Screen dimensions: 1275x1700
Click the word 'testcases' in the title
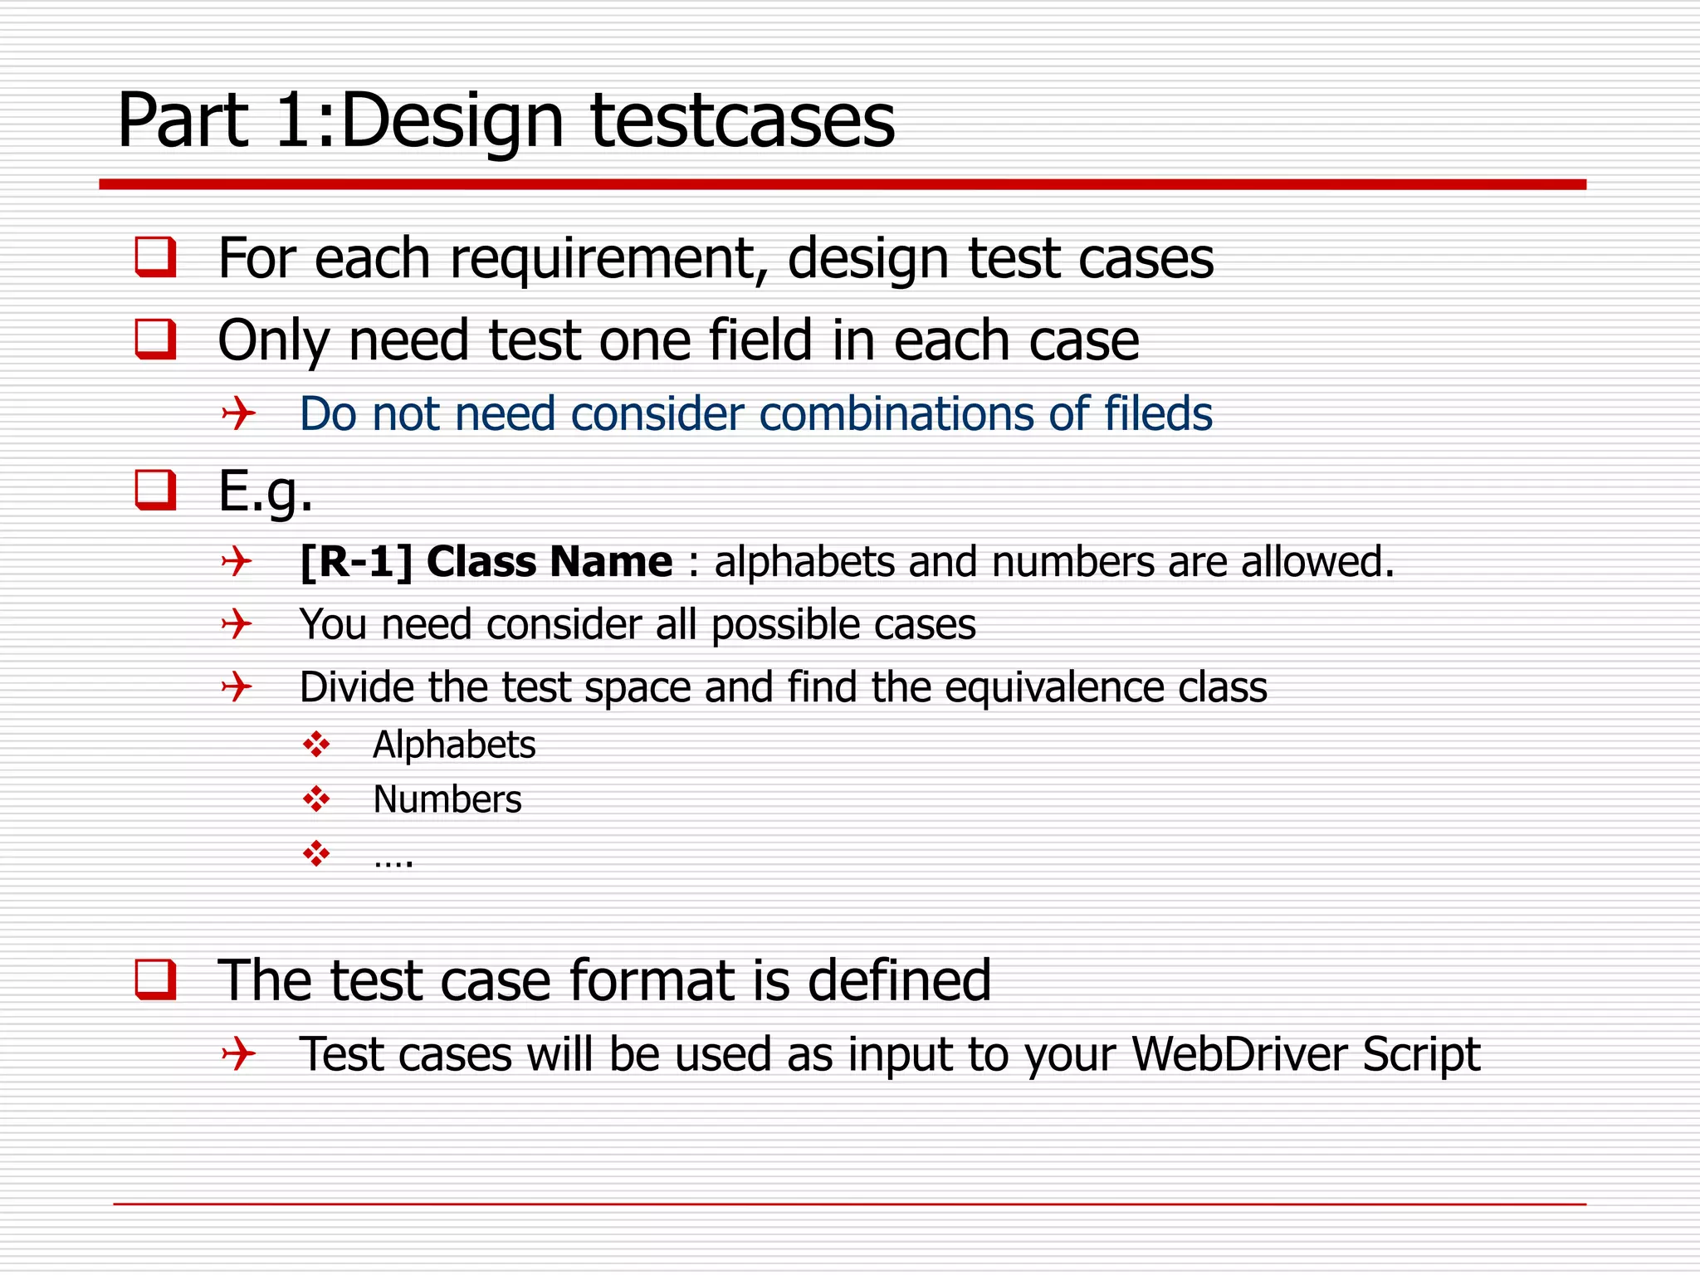[x=742, y=121]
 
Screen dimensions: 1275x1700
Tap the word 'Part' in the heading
[x=183, y=121]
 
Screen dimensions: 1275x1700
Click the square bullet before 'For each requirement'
[x=155, y=256]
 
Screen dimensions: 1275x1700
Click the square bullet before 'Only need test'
[x=155, y=339]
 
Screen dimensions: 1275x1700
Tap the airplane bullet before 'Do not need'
[x=238, y=413]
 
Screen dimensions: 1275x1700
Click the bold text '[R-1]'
[x=356, y=562]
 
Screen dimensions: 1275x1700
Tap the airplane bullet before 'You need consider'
[x=237, y=623]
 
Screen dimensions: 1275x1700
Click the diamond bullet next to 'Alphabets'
[x=316, y=745]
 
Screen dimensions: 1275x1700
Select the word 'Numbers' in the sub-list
[x=447, y=799]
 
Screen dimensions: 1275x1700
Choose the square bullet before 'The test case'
[x=155, y=979]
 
